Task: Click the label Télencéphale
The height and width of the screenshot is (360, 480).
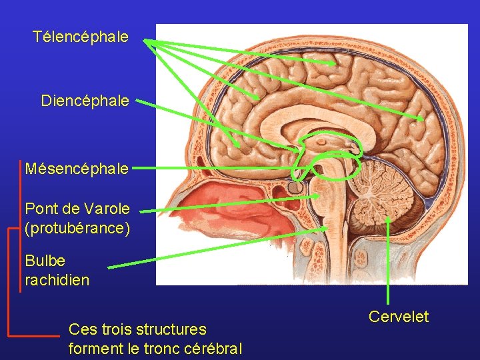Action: point(81,37)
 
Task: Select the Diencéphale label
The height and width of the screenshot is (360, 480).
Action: point(85,101)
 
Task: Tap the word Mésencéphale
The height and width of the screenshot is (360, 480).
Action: point(77,169)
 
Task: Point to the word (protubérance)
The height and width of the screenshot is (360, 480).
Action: point(77,228)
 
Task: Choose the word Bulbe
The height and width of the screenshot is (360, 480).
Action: point(45,261)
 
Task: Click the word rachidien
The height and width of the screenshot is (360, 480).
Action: point(57,280)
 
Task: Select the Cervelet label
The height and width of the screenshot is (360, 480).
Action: point(399,317)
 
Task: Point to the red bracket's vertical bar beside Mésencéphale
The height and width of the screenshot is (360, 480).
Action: point(21,200)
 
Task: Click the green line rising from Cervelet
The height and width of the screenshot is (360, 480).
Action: point(389,267)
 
